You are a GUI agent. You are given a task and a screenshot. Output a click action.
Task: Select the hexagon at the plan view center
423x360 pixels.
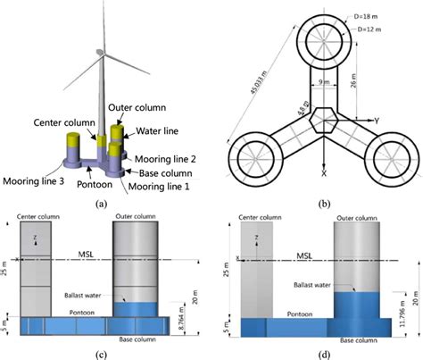click(322, 117)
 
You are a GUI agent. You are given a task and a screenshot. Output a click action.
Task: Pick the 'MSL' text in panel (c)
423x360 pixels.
click(86, 254)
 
